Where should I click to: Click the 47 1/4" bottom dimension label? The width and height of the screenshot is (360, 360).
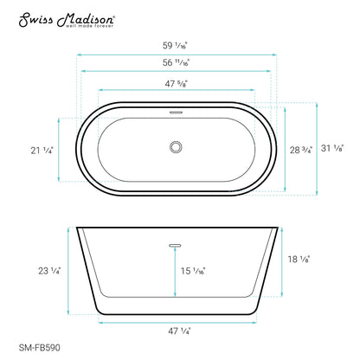click(180, 330)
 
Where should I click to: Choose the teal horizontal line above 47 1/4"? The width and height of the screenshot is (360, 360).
click(180, 321)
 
